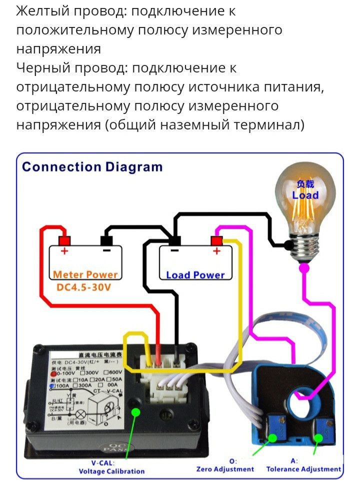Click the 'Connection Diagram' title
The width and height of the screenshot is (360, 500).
coord(92,167)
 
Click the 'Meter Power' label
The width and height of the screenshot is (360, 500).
coord(85,274)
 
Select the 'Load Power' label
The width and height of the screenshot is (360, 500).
coord(195,275)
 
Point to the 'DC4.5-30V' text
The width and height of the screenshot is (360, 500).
coord(83,288)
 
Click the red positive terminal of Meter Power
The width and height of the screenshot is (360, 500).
coord(64,240)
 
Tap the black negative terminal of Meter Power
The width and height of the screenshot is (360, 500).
coord(106,240)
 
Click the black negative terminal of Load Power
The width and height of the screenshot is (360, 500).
coord(174,240)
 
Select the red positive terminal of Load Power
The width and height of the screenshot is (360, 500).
coord(216,240)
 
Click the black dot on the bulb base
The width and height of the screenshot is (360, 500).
coord(288,245)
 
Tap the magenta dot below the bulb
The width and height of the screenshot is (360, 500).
coord(304,268)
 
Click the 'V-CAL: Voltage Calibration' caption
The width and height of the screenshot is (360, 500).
coord(111,466)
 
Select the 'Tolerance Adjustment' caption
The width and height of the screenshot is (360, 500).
coord(303,469)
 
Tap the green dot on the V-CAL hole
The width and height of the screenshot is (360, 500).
coord(135,412)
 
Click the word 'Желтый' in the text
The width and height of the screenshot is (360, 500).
coord(40,11)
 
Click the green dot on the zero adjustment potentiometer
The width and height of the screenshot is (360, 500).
coord(272,438)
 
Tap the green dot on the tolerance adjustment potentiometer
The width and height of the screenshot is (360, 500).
coord(318,438)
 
